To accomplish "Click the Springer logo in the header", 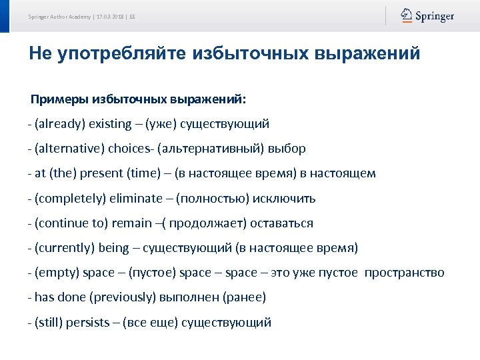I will tap(427, 16).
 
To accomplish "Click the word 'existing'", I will tap(111, 124).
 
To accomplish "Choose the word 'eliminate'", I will tap(135, 199).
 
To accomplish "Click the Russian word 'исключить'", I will tap(283, 199).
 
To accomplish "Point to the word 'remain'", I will tap(131, 223).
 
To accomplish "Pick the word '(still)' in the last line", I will tap(49, 323).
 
